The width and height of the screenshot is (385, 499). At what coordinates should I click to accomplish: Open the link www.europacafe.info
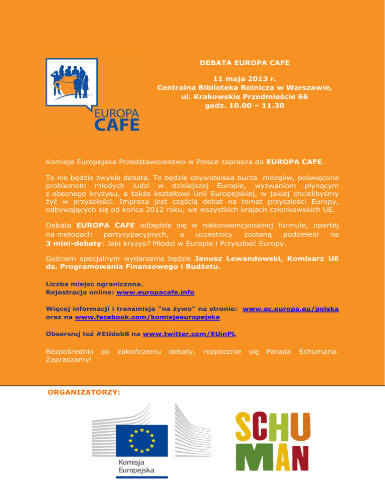click(155, 292)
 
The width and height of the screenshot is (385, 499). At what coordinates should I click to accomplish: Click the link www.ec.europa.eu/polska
click(290, 309)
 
